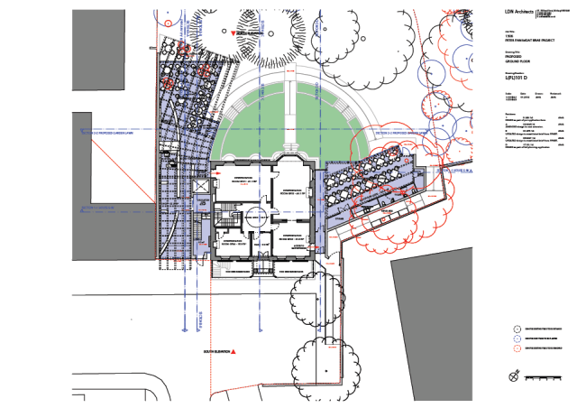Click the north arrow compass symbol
click(x=515, y=375)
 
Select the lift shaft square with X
click(x=200, y=185)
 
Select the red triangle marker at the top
click(x=234, y=33)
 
